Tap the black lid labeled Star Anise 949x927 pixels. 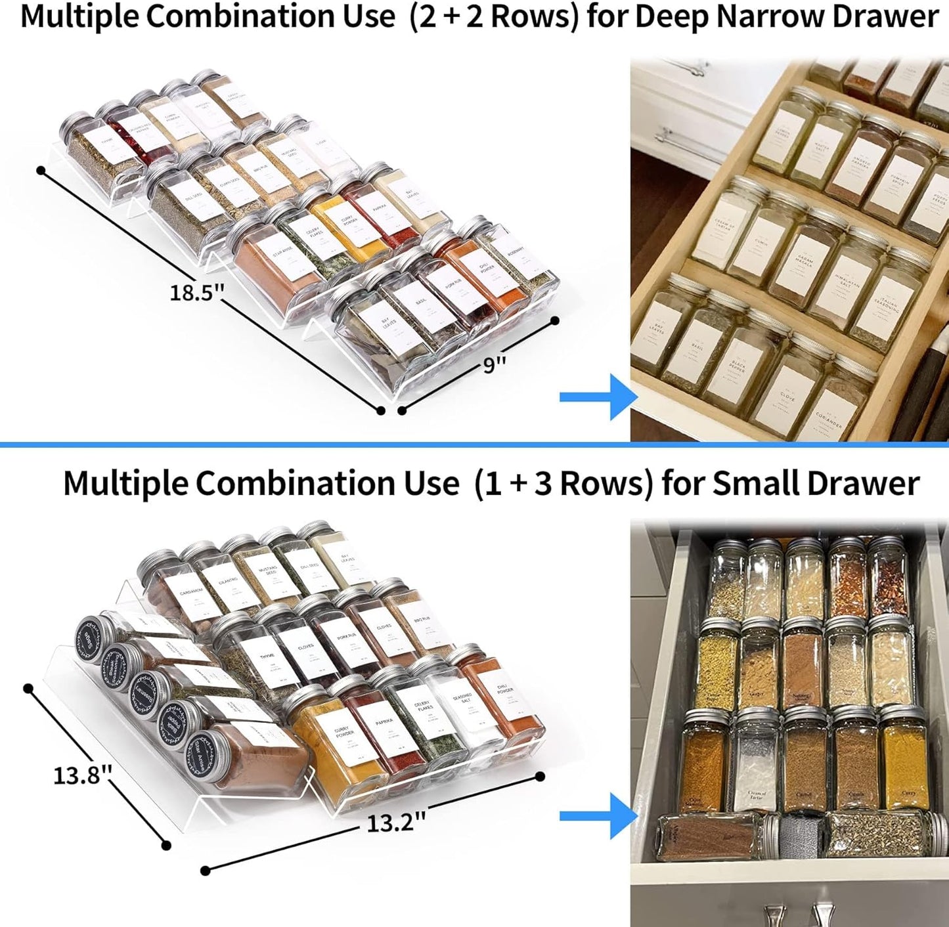pyautogui.click(x=202, y=758)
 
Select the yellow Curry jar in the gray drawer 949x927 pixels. pyautogui.click(x=904, y=762)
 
